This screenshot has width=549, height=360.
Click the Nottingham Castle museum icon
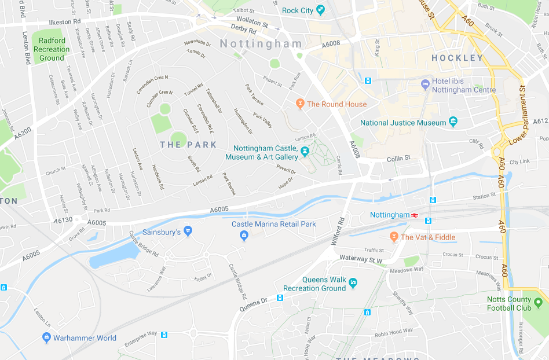(x=305, y=152)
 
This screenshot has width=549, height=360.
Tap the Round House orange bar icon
(x=299, y=104)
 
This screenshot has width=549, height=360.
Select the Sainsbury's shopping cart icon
(x=188, y=231)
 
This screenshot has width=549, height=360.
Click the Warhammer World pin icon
(x=46, y=338)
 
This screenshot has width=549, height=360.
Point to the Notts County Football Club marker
(x=538, y=303)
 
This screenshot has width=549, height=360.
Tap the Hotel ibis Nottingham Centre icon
(x=426, y=85)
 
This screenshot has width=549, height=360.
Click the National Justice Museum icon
(x=453, y=122)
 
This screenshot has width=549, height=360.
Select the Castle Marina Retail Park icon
(x=244, y=234)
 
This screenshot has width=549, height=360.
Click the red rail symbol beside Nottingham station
(x=415, y=215)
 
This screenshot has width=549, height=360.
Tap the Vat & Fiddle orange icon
(x=394, y=237)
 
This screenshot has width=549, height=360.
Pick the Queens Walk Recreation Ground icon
(x=353, y=282)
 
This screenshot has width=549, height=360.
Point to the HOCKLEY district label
(x=457, y=58)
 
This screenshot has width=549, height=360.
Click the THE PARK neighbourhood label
(x=188, y=145)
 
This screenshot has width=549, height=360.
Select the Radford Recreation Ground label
(x=52, y=49)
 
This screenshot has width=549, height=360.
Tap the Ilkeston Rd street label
(x=64, y=22)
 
